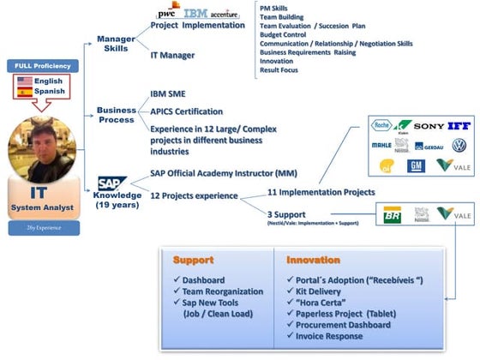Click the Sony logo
point(429,126)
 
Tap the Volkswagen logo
point(459,146)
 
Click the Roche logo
point(381,125)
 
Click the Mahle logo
point(381,145)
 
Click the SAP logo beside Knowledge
point(111,183)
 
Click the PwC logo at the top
point(167,12)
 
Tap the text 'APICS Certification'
point(186,111)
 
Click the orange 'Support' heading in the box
point(194,260)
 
